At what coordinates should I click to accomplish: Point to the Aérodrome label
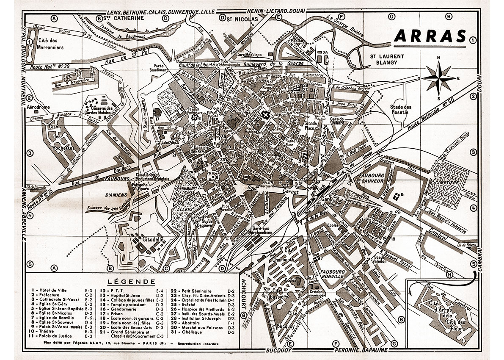[39, 108]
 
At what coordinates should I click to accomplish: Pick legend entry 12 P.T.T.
[113, 291]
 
